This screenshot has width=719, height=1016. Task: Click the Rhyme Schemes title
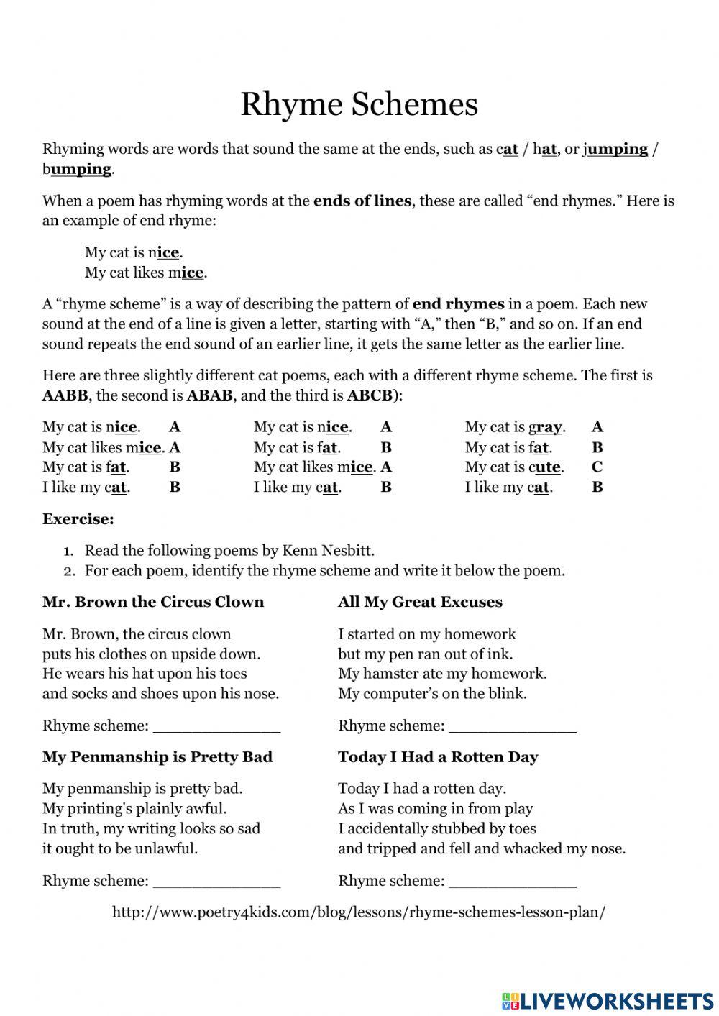point(359,104)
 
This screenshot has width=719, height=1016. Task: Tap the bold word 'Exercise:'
point(78,519)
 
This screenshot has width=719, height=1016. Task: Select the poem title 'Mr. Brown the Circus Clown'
point(153,602)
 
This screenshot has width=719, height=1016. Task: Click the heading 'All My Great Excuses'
point(420,602)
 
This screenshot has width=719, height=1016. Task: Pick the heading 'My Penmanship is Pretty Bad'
point(157,757)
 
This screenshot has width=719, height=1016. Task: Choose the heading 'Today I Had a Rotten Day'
point(438,757)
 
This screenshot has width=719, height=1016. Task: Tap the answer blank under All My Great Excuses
point(512,728)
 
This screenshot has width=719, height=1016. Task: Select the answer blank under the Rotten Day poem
point(512,882)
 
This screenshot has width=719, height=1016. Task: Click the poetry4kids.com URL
point(359,912)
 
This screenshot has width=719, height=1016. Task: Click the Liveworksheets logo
point(608,1000)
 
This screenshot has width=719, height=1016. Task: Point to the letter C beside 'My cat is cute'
point(597,467)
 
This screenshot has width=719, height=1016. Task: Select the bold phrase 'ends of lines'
point(362,201)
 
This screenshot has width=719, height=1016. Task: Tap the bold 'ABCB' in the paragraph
point(370,395)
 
